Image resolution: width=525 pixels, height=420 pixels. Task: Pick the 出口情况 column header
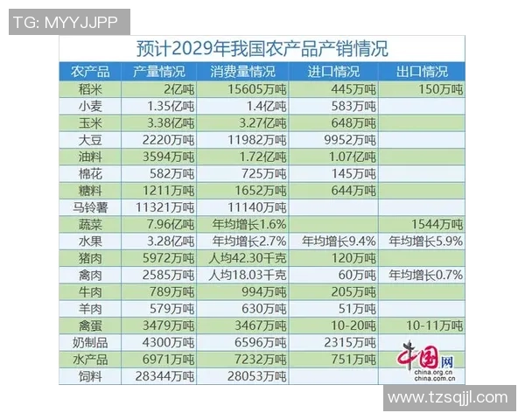[x=422, y=72]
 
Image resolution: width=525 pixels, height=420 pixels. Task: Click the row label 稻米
[x=92, y=89]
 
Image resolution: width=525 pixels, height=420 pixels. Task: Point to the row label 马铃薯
[x=92, y=207]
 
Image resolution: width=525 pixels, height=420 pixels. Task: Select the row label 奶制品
[x=92, y=342]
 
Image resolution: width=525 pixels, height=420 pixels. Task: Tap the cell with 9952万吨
[x=348, y=139]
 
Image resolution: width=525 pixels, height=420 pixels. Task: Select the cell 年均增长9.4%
[x=339, y=241]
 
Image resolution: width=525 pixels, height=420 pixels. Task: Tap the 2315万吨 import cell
[x=348, y=342]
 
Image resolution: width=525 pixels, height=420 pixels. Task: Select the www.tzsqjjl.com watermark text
[x=447, y=397]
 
